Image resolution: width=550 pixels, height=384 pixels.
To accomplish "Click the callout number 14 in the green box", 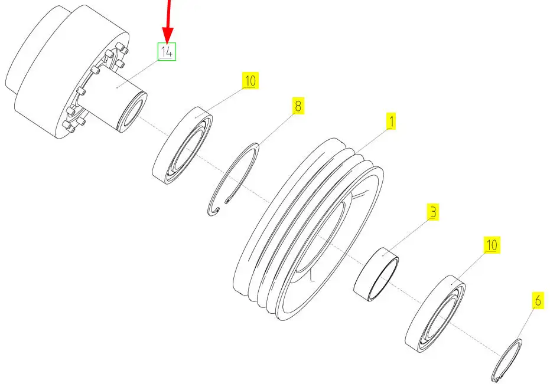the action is pos(167,52).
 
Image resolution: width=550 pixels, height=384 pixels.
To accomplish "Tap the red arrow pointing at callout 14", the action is pos(168,21).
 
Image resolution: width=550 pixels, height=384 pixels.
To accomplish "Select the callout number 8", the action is pos(298,106).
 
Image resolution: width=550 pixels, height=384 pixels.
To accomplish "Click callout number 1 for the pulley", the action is pos(390,122).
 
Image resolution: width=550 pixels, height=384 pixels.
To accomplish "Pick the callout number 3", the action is pos(433,212).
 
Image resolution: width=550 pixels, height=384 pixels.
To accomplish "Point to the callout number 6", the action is pos(538,301).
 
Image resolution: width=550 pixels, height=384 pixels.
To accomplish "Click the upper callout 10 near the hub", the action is pos(250,80).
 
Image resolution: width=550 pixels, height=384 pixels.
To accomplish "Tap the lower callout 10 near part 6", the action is pos(492,245).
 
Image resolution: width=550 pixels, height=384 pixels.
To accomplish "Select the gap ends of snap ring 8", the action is pos(221,206).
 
